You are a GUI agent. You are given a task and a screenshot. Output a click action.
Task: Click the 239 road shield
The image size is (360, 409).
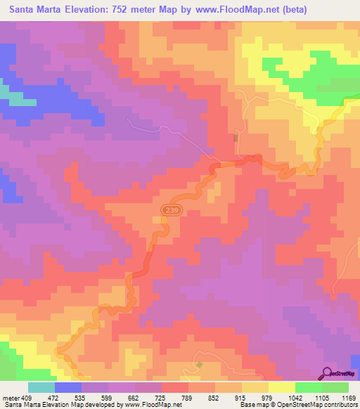(169, 209)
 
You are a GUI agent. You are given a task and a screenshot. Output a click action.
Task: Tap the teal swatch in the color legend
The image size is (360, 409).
(41, 387)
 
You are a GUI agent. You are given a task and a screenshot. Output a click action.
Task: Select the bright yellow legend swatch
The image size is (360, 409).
(281, 387)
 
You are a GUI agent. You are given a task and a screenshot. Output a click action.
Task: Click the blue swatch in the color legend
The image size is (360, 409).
(68, 387)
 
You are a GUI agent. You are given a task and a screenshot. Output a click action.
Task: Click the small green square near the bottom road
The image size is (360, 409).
(199, 364)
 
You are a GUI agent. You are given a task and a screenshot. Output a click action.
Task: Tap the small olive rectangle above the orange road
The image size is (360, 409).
(236, 138)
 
